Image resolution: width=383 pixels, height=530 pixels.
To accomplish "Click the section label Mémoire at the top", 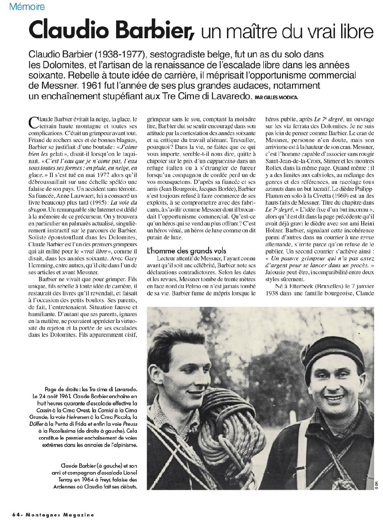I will pos(27,6).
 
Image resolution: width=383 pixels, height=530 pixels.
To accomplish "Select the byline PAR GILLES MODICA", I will pos(278,98).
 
